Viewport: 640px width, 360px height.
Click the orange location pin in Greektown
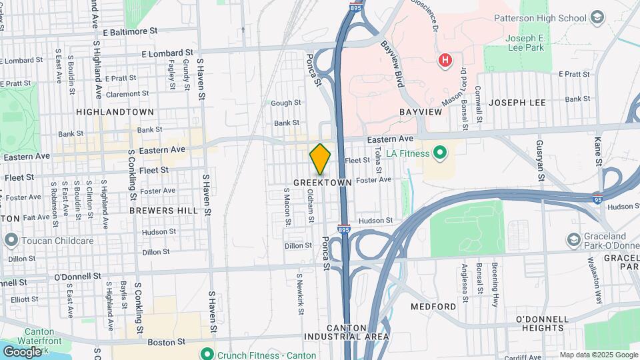point(320,159)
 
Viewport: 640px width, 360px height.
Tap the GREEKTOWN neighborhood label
point(323,181)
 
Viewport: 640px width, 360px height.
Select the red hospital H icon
point(445,61)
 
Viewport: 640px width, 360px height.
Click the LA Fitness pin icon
point(439,154)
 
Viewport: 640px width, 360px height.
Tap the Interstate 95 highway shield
point(597,198)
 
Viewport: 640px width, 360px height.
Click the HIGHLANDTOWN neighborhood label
point(115,112)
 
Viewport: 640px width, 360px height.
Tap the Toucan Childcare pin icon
point(11,239)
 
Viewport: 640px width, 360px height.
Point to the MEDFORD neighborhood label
point(433,307)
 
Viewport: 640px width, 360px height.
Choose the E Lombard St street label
point(167,52)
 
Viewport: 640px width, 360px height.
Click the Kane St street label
point(598,153)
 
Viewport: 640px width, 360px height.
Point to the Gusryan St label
point(541,167)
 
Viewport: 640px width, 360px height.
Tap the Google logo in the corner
point(21,351)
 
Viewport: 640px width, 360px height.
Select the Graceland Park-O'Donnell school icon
point(573,239)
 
